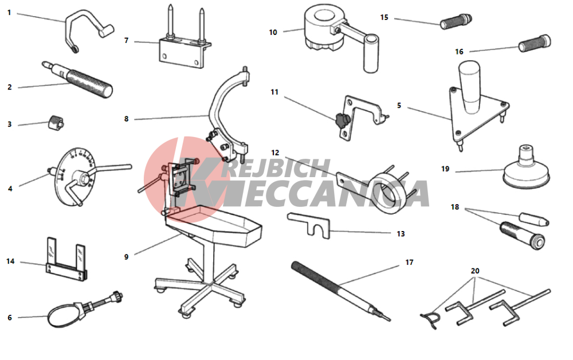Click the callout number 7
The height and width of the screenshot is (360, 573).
tap(127, 40)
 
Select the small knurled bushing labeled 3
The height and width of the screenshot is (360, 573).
tap(56, 123)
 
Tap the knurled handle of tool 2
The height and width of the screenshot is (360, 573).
tap(89, 83)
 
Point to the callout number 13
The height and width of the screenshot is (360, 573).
tap(401, 233)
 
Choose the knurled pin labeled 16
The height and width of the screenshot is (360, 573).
tap(535, 43)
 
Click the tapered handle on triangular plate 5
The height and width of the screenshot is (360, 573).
tap(470, 87)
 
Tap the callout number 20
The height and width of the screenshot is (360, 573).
tap(474, 271)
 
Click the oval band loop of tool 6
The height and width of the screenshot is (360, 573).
tap(62, 316)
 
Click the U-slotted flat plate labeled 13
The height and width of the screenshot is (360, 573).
tap(309, 225)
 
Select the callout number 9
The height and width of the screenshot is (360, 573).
tap(126, 257)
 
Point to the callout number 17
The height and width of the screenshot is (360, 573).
tap(409, 263)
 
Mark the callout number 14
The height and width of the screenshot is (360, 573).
tap(10, 261)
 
